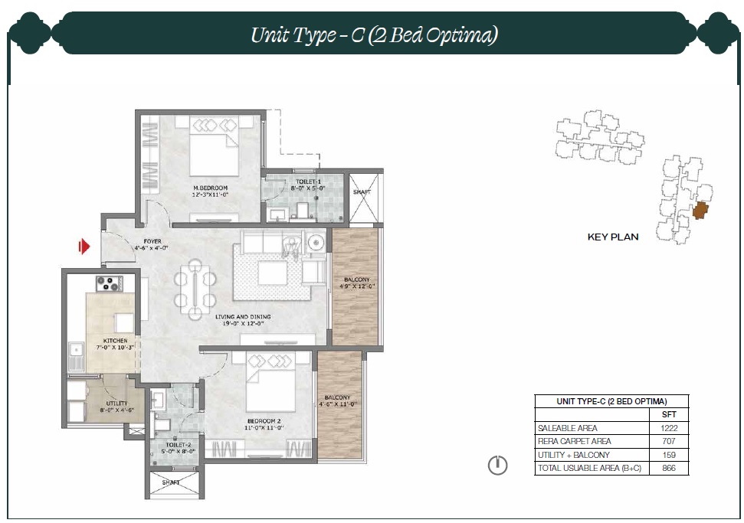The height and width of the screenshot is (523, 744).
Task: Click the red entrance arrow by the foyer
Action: click(84, 246)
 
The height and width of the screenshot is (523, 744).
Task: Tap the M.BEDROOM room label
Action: click(210, 188)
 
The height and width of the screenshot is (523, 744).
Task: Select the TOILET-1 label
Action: click(309, 181)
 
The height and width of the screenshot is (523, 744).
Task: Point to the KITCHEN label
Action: click(115, 341)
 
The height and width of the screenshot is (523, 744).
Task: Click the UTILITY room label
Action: click(116, 403)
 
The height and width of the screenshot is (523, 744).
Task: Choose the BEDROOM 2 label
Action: click(264, 421)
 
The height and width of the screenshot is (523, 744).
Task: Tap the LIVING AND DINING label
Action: click(243, 317)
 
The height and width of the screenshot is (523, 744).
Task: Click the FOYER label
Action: click(152, 241)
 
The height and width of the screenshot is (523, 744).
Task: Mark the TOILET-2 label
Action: click(179, 445)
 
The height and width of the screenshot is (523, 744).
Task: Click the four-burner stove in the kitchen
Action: click(108, 283)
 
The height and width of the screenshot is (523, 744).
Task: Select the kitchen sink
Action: click(76, 355)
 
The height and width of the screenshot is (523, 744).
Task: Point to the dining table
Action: click(195, 289)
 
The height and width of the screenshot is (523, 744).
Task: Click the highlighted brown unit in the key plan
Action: click(700, 210)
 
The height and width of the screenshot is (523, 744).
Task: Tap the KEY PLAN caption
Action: click(612, 237)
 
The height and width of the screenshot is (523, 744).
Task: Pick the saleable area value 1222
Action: click(669, 428)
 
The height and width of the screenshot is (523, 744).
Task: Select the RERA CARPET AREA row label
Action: click(574, 441)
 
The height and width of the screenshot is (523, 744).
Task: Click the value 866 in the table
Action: click(669, 468)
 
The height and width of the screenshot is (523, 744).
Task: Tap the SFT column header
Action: click(669, 414)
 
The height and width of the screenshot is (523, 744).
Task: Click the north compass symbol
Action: click(497, 465)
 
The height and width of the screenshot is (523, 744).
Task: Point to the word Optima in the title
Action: click(461, 35)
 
